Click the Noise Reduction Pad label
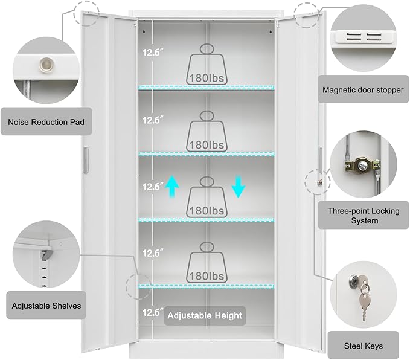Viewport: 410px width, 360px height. tap(46, 122)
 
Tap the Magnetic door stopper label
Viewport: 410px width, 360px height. tap(362, 90)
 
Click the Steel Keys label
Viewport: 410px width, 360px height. tap(364, 346)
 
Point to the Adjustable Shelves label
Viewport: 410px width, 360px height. tap(46, 306)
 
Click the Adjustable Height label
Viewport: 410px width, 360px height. tap(205, 315)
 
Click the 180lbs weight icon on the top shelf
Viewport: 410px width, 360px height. tap(208, 65)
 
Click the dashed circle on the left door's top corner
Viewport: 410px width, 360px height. tap(86, 13)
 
